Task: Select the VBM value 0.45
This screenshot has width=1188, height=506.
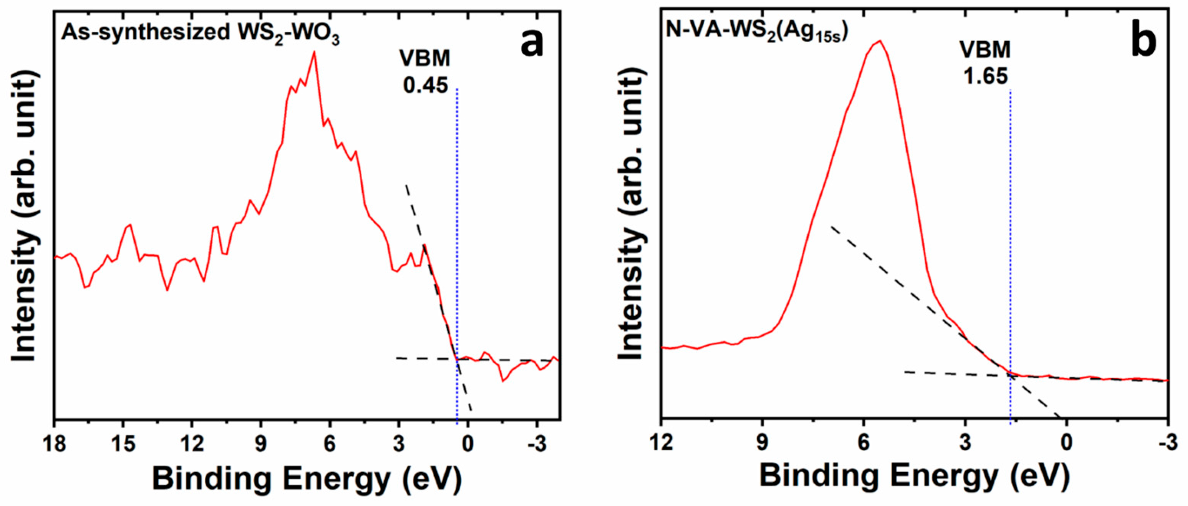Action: pyautogui.click(x=426, y=85)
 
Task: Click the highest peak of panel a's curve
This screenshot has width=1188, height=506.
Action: pyautogui.click(x=314, y=52)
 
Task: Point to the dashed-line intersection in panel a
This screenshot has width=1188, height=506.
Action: pyautogui.click(x=458, y=360)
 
